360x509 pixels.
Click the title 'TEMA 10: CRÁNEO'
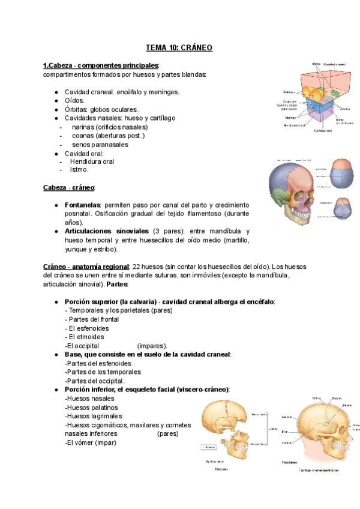click(x=179, y=47)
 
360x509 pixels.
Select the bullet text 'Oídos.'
click(x=76, y=101)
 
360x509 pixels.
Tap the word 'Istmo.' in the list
click(x=79, y=170)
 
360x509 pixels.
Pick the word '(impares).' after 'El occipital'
click(x=152, y=346)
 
